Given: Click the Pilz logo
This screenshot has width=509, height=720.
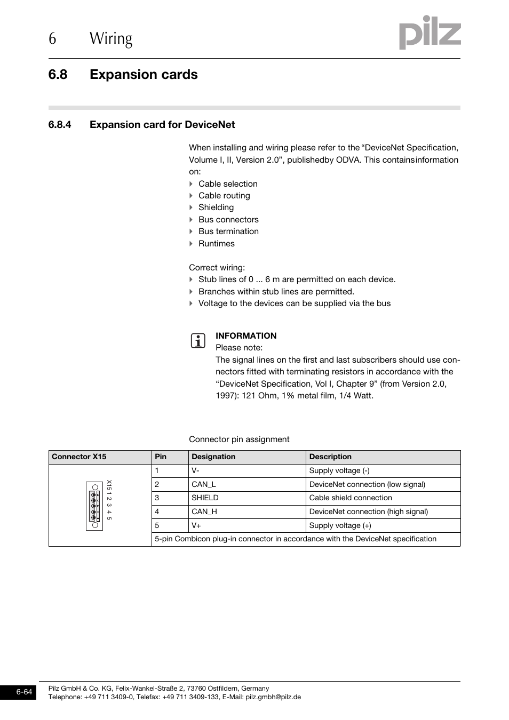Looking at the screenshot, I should pyautogui.click(x=430, y=33).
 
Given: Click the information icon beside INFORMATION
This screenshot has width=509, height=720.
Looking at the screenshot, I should pyautogui.click(x=197, y=341).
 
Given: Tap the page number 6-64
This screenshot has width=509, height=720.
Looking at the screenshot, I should pyautogui.click(x=24, y=692).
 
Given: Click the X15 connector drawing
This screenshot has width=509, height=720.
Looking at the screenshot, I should pyautogui.click(x=95, y=506).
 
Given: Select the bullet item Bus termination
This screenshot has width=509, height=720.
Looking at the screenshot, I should pyautogui.click(x=228, y=231).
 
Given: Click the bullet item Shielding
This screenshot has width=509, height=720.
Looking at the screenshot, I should pyautogui.click(x=216, y=207).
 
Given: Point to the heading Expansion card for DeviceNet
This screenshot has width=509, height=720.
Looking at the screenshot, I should pyautogui.click(x=162, y=125).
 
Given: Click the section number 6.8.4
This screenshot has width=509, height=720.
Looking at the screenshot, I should pyautogui.click(x=60, y=125).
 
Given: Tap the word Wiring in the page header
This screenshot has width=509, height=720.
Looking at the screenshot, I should pyautogui.click(x=111, y=38).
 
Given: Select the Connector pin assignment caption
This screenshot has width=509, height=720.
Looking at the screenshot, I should pyautogui.click(x=239, y=439).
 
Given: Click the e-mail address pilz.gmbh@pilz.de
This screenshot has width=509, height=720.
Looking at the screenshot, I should pyautogui.click(x=273, y=697).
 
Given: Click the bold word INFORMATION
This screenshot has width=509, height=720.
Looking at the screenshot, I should pyautogui.click(x=246, y=336).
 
